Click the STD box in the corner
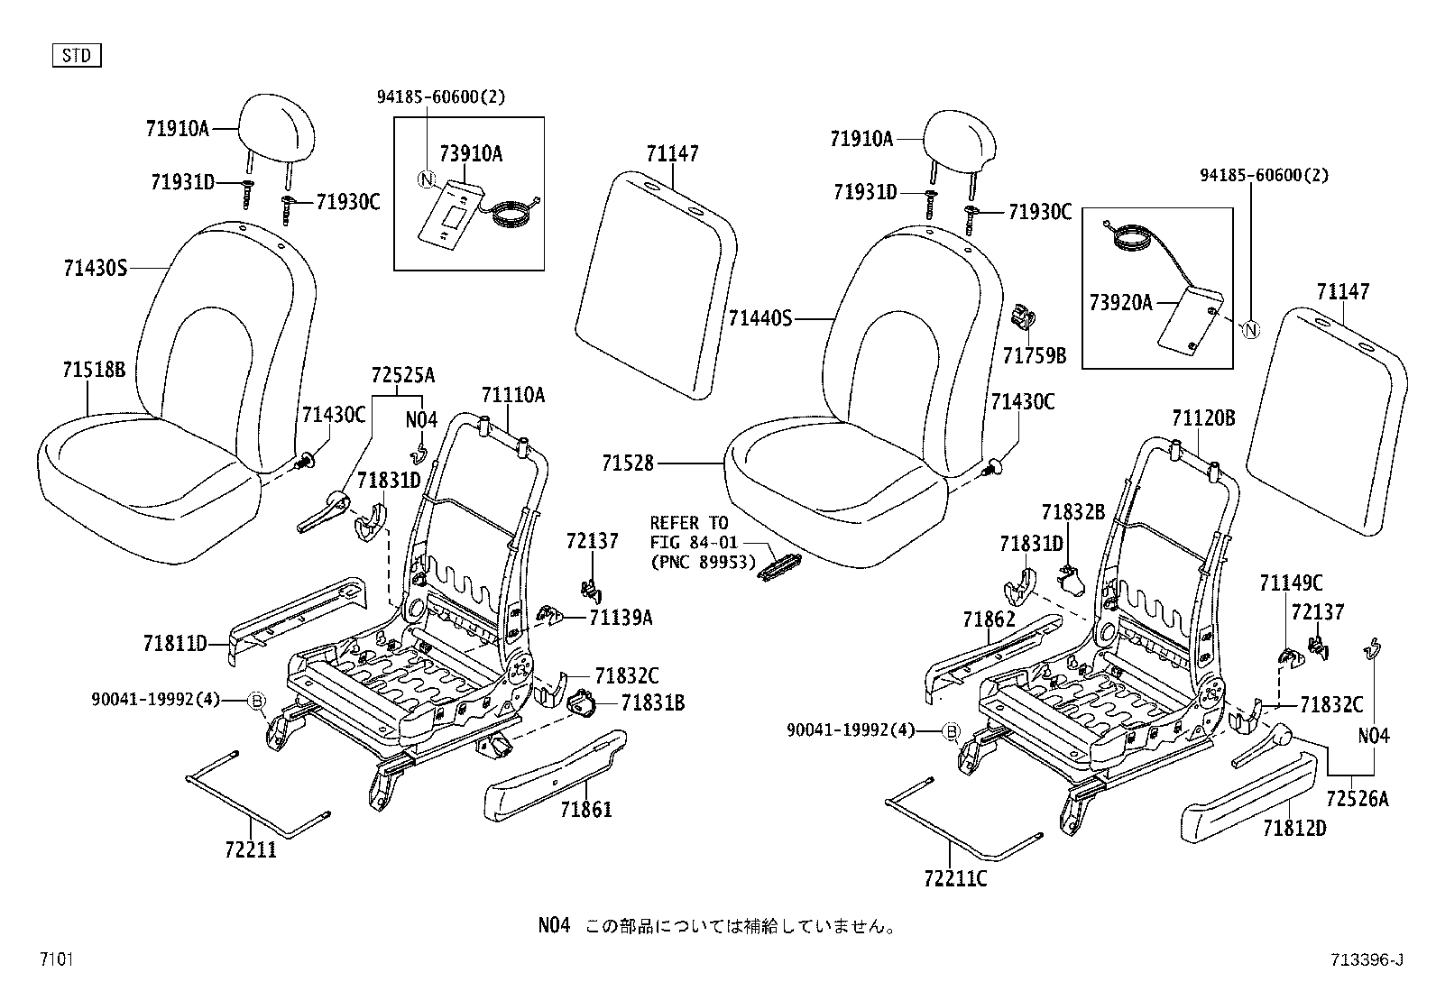pos(77,56)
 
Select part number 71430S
pos(96,268)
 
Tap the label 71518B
pos(94,369)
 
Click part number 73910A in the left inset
pos(471,154)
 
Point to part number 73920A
pos(1121,303)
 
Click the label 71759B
pos(1034,356)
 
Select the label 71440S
pos(760,318)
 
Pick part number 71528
pos(628,463)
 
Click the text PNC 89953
pos(703,561)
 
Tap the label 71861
pos(585,810)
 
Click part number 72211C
pos(955,876)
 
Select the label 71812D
pos(1294,827)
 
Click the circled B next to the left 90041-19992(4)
pos(255,700)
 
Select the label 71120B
pos(1203,418)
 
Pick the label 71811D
pos(175,644)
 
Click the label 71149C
pos(1291,583)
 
